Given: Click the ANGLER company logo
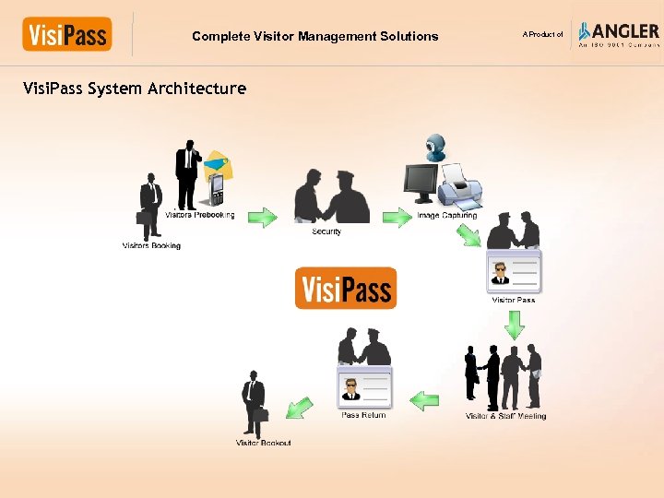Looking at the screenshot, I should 619,33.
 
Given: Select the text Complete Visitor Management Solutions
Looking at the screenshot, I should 315,37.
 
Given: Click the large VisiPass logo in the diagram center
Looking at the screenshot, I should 346,288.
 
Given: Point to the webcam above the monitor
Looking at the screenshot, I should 433,148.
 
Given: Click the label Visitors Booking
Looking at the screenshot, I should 151,246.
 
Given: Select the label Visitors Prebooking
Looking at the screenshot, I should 199,216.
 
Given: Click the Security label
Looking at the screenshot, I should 326,231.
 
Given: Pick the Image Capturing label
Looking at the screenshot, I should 447,216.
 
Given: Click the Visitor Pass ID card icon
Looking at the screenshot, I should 514,272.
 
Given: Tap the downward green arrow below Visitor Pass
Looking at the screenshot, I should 515,324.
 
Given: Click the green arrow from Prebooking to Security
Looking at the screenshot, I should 263,218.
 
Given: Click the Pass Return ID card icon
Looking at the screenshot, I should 364,388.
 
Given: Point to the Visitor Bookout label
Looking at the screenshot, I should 264,444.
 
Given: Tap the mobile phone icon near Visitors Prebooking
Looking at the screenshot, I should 218,189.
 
